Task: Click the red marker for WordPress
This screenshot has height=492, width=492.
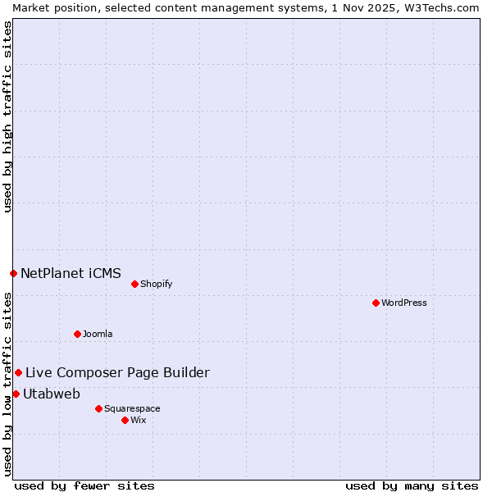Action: click(x=376, y=303)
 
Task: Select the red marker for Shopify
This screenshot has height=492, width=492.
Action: click(x=134, y=284)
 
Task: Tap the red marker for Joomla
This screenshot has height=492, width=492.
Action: click(x=77, y=334)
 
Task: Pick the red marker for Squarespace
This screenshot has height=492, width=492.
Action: click(x=98, y=408)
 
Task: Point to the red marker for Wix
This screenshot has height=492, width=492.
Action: click(x=125, y=420)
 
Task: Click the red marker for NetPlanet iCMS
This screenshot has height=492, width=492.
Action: click(x=13, y=273)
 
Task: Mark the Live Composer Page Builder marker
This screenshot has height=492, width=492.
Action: click(x=18, y=372)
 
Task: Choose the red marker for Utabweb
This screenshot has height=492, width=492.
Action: click(x=16, y=394)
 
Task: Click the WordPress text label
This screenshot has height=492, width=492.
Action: click(x=404, y=303)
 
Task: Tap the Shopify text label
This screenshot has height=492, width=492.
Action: click(x=156, y=284)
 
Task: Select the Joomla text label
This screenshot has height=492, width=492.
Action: click(x=98, y=334)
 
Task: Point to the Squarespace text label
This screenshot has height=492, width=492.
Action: click(x=132, y=408)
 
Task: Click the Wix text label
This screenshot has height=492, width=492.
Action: click(x=139, y=420)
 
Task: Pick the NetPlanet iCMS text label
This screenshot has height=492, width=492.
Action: click(x=71, y=273)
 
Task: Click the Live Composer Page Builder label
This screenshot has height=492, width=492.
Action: click(x=117, y=372)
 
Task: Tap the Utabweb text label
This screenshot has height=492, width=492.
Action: click(x=52, y=394)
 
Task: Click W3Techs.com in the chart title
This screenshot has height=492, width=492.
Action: click(x=446, y=7)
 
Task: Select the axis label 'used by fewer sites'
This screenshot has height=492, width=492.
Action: click(x=84, y=485)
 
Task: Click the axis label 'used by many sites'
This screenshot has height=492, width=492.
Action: click(x=412, y=485)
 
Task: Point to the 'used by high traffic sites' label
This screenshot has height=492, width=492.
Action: click(x=7, y=116)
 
